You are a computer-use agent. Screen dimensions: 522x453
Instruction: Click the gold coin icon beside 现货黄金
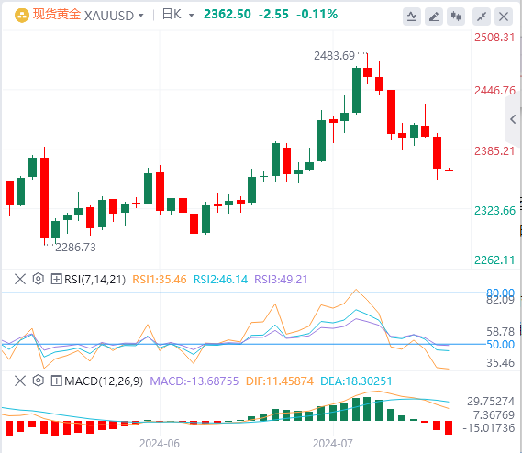[x=22, y=16]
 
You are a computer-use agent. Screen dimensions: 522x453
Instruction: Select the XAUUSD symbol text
[x=109, y=16]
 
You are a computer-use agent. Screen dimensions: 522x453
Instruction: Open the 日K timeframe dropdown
[x=178, y=15]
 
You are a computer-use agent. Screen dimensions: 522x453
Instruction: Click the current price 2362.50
[x=228, y=15]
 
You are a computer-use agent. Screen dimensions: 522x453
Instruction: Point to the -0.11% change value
[x=317, y=15]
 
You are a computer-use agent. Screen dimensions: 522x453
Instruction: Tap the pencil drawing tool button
[x=434, y=17]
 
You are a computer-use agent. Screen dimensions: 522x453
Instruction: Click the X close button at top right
[x=504, y=17]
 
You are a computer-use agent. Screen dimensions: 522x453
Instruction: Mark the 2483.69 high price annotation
[x=334, y=56]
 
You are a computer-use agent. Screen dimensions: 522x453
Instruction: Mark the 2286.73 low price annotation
[x=75, y=248]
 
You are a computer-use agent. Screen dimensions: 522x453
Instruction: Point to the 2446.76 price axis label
[x=494, y=91]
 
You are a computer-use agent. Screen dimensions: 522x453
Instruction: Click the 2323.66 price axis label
[x=494, y=211]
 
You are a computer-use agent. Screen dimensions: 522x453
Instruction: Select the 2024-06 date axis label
[x=160, y=444]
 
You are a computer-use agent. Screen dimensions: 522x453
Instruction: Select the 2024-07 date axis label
[x=333, y=444]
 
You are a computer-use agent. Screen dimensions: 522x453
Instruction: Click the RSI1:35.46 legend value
[x=160, y=280]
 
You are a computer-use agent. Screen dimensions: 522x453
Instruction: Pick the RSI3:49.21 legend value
[x=281, y=280]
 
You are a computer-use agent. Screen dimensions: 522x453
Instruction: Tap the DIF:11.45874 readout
[x=280, y=381]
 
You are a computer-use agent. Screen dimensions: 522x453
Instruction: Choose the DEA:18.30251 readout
[x=356, y=381]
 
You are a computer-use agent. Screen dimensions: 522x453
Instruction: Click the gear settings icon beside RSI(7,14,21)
[x=39, y=279]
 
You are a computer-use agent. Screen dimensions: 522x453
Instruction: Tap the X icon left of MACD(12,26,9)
[x=20, y=381]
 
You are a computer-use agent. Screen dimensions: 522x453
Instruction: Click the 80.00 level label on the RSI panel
[x=500, y=293]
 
